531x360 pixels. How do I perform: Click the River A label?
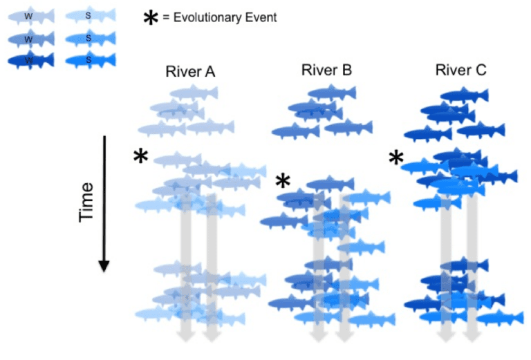190,71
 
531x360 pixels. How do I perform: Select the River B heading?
326,70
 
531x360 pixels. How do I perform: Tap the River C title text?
460,70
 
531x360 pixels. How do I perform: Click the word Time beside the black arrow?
86,201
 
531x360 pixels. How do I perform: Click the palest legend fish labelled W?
28,15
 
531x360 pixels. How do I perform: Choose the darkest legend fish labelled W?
28,61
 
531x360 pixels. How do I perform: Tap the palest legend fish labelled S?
89,15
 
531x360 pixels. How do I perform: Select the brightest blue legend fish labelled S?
89,61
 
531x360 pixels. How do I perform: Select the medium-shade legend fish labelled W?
28,39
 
